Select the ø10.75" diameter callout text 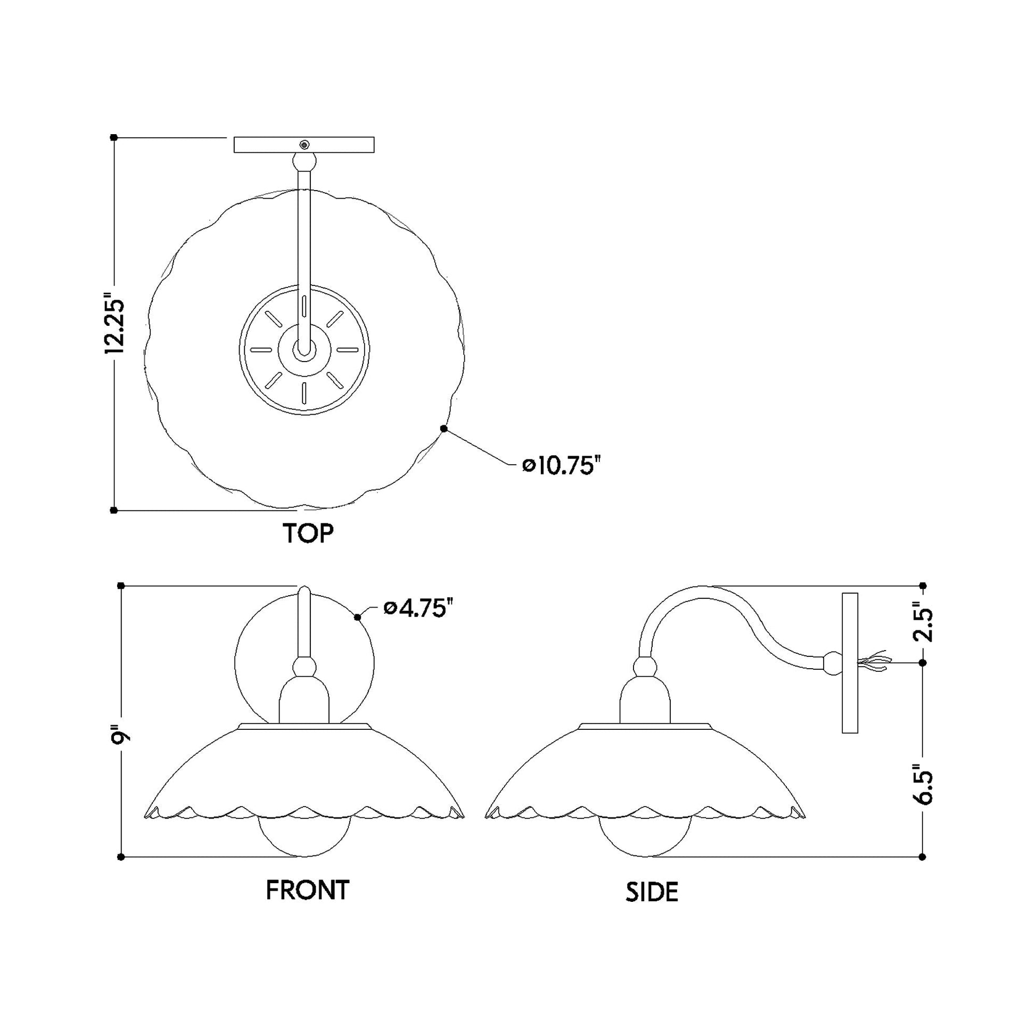pos(560,465)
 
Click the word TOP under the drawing pos(308,533)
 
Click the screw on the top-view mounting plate pos(305,145)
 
